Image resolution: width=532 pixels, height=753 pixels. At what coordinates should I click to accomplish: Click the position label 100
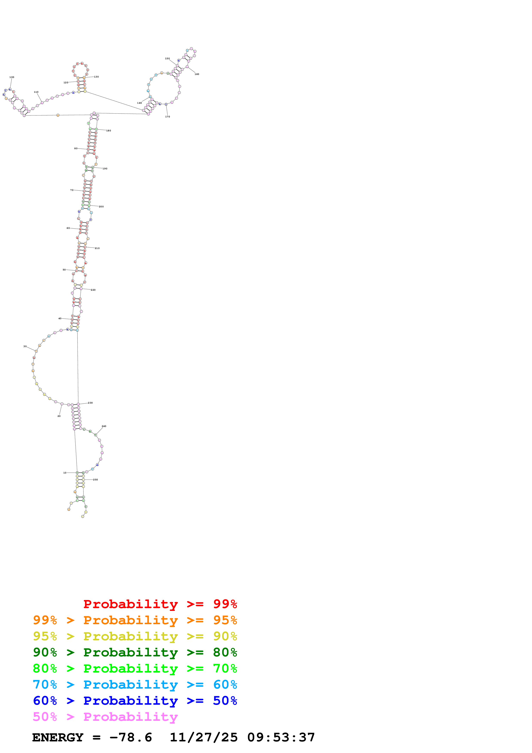12,77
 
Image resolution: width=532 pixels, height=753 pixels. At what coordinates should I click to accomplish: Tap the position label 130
96,77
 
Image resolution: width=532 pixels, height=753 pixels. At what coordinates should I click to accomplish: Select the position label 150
167,59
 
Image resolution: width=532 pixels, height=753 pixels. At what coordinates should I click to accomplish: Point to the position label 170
168,117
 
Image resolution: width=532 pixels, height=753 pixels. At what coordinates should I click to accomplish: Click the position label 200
101,207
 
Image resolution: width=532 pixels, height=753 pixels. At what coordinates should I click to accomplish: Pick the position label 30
25,346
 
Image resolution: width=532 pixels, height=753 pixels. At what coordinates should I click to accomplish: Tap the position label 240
104,426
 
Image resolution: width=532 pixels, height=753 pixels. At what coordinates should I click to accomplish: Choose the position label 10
65,473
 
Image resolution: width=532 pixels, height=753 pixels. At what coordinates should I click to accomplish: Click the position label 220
93,290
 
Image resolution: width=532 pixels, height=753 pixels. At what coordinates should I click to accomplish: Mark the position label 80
76,149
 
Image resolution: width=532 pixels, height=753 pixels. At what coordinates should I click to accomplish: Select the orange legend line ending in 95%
135,620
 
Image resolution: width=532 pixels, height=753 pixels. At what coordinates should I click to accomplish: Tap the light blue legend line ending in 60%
135,685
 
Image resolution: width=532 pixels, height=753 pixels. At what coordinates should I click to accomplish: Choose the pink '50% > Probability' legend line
105,717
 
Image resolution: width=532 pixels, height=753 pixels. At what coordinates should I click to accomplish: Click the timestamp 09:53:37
281,737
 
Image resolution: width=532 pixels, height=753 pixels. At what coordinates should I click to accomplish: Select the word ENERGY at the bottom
58,737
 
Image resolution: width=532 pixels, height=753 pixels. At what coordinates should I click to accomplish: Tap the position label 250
95,480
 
